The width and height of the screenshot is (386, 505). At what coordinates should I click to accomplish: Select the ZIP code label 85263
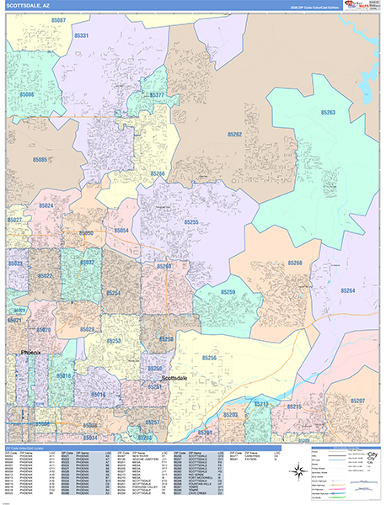coord(328,112)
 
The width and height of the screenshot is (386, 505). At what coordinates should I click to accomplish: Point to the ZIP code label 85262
coord(234,135)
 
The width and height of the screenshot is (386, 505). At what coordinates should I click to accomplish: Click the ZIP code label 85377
coord(158,95)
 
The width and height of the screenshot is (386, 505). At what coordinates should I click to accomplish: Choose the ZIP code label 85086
coord(25,95)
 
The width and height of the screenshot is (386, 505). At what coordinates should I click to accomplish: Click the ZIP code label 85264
coord(346,290)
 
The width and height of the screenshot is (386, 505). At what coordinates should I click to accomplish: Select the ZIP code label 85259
coord(228,292)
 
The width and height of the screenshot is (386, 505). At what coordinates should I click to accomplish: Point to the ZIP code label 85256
coord(208,358)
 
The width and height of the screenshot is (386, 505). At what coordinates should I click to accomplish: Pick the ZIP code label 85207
coord(357,401)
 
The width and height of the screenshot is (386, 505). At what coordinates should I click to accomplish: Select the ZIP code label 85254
coord(112,293)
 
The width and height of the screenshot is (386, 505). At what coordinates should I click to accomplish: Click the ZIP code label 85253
coord(114,341)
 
